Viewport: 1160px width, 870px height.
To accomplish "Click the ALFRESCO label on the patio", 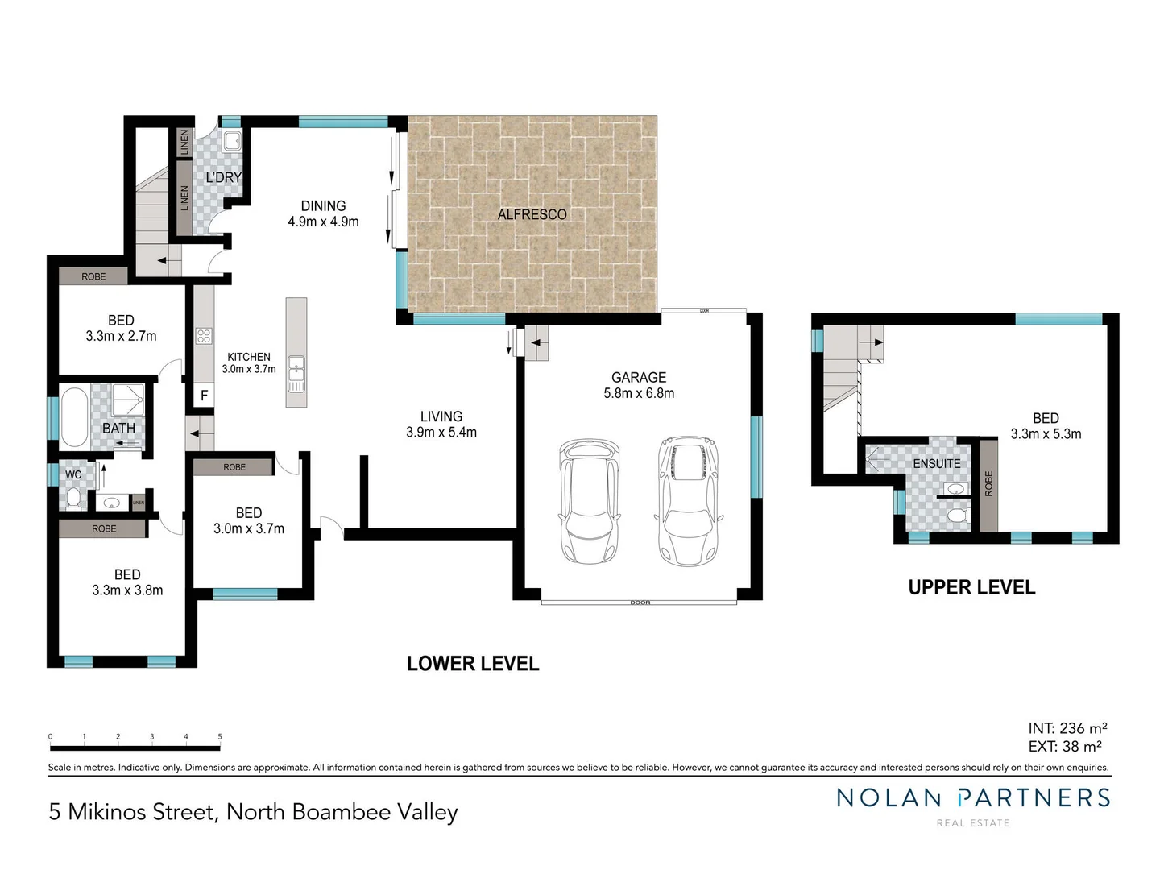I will (x=532, y=214).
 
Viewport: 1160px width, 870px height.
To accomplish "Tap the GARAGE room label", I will (x=639, y=377).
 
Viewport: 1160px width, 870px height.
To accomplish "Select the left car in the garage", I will (x=589, y=500).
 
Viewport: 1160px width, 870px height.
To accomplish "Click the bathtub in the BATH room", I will (x=73, y=417).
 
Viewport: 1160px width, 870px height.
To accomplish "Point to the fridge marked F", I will (x=204, y=396).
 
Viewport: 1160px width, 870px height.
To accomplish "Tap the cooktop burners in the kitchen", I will (x=204, y=336).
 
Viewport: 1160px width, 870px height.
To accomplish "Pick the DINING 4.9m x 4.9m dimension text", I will (x=323, y=222).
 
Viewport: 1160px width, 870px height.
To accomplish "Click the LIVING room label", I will (x=441, y=416).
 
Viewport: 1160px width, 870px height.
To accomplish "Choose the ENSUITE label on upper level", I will (x=936, y=464).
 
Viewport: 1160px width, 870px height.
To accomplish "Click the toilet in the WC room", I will (x=73, y=498).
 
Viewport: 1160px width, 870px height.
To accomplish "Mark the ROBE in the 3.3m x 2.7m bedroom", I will (x=93, y=276).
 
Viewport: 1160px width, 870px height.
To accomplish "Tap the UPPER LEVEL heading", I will (x=971, y=588).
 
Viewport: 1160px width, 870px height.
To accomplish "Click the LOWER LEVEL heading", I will (x=473, y=664).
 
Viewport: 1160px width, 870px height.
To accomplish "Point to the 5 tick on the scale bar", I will (x=220, y=737).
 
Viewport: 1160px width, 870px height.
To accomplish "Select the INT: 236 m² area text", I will (x=1067, y=728).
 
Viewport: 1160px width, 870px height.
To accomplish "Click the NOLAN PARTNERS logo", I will (x=973, y=798).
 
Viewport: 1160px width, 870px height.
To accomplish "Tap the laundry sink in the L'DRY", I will (x=232, y=142).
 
